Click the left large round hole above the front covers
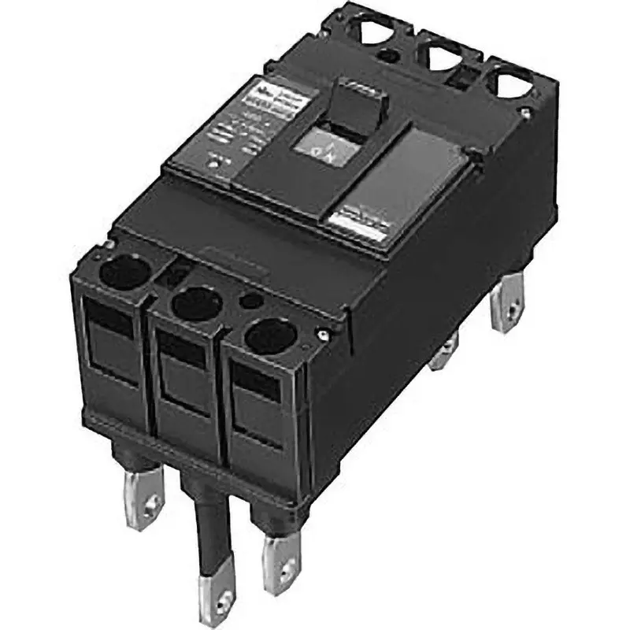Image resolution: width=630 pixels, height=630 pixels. coord(124,272)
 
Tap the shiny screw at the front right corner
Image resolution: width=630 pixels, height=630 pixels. coord(321,337)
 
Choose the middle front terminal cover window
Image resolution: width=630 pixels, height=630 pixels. coord(183,370)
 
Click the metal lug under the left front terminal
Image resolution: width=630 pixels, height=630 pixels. coord(142,493)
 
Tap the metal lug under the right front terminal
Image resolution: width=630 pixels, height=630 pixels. coord(281,555)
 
